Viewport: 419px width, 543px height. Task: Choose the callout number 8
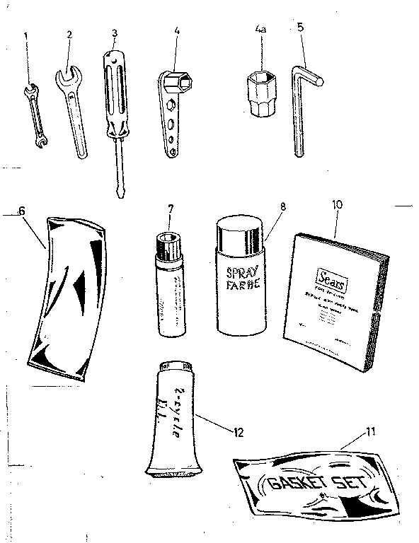282,207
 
